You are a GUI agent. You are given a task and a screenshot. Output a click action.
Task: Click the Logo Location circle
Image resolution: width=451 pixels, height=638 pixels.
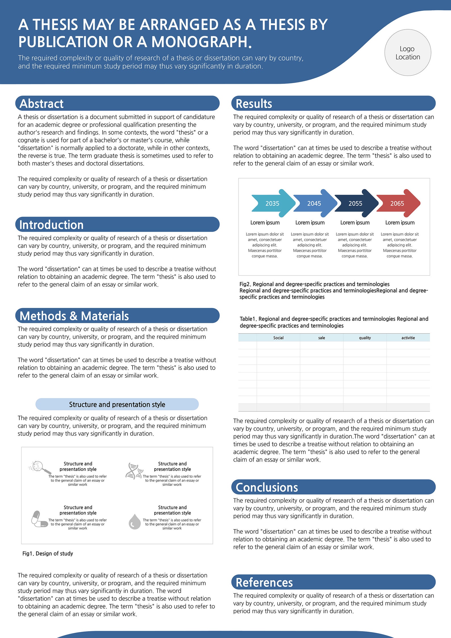pos(408,53)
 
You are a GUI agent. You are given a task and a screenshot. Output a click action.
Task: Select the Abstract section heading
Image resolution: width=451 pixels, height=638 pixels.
pos(41,103)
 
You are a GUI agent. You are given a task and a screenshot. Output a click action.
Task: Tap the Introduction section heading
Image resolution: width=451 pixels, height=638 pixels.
pos(51,225)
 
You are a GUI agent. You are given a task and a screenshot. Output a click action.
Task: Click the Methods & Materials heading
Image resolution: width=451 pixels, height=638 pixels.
pos(74,316)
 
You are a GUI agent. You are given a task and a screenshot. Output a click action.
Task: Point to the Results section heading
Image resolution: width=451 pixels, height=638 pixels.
pos(254,103)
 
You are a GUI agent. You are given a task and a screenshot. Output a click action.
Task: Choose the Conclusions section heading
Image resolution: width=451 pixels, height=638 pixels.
pos(267,487)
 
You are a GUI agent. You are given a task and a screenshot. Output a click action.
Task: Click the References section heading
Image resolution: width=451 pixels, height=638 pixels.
pos(264,582)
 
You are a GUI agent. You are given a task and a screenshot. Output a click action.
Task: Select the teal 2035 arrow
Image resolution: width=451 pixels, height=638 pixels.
pos(273,203)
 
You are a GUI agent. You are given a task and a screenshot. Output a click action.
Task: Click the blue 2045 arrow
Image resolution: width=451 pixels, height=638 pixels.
pos(314,203)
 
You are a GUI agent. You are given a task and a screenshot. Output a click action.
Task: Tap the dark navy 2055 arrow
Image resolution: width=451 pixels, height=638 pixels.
pos(356,203)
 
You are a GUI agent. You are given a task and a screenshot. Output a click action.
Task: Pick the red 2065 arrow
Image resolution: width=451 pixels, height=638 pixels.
pos(398,203)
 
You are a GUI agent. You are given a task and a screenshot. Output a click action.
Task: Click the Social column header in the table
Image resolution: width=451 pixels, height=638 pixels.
pos(278,338)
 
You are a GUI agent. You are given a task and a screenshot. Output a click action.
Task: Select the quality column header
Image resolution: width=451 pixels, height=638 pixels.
pos(365,338)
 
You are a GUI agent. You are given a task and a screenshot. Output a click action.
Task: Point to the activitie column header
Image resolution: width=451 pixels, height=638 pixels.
pos(408,338)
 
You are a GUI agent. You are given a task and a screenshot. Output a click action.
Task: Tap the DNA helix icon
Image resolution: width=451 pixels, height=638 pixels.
pos(133,471)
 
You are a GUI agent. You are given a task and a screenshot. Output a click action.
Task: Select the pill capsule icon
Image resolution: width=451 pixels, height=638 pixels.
pos(39,519)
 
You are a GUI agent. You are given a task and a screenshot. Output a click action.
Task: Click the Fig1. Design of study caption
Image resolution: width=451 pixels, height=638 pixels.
pos(48,553)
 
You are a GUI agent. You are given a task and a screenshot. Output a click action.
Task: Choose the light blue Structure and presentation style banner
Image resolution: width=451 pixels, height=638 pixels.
pos(117,404)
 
